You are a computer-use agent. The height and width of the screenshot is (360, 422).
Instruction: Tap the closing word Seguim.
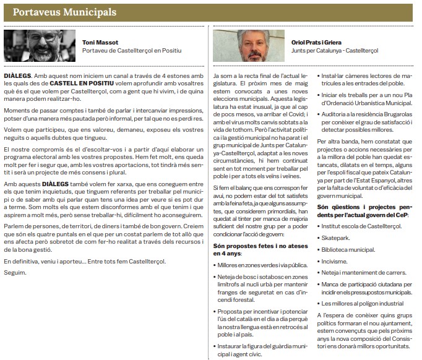[x=14, y=273]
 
